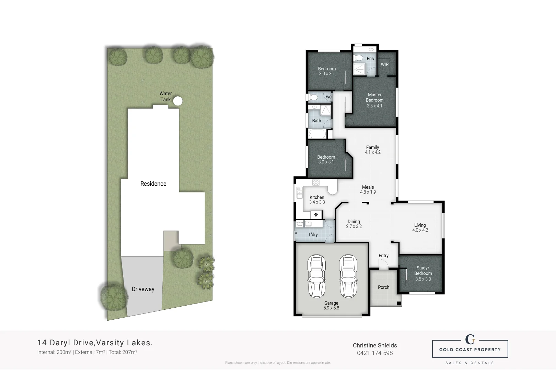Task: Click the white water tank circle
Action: [177, 101]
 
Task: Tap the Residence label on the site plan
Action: [153, 184]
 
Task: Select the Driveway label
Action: [143, 289]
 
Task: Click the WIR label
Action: [384, 64]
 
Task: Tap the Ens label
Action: [370, 59]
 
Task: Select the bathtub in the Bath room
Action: [317, 134]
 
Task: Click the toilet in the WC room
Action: [312, 97]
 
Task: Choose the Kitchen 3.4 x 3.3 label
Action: [317, 200]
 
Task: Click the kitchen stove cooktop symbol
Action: [316, 182]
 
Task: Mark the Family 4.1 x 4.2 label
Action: [372, 150]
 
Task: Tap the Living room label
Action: [420, 227]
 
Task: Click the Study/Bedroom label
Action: [423, 273]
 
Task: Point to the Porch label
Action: [383, 287]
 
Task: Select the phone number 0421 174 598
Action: [375, 353]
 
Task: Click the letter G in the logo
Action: [470, 339]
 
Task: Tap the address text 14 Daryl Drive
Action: [66, 343]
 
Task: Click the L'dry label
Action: [313, 235]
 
